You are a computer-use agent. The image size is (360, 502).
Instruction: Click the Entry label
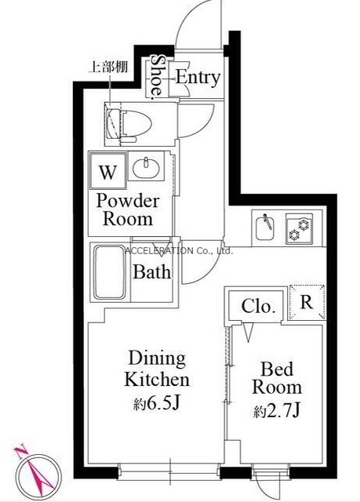198,78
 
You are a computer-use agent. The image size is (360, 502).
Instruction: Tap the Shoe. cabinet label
157,76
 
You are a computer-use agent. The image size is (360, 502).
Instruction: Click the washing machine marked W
107,171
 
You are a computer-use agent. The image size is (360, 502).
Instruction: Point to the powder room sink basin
146,167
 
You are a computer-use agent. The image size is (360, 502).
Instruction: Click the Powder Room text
127,210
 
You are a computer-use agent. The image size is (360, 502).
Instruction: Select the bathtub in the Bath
110,272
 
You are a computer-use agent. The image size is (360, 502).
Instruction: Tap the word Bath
151,272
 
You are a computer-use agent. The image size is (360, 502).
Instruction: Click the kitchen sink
264,228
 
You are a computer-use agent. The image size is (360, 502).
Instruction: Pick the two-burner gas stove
299,229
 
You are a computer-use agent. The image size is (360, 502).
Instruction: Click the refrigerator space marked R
307,302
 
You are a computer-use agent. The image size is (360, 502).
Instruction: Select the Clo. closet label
259,306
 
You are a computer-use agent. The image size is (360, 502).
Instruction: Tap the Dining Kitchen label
157,369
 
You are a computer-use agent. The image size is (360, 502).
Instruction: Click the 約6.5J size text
156,405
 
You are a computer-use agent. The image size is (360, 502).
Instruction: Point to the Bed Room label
277,378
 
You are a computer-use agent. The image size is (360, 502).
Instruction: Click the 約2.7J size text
277,411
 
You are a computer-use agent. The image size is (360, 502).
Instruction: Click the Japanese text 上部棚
107,67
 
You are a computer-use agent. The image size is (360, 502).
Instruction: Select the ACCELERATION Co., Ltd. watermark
179,251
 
